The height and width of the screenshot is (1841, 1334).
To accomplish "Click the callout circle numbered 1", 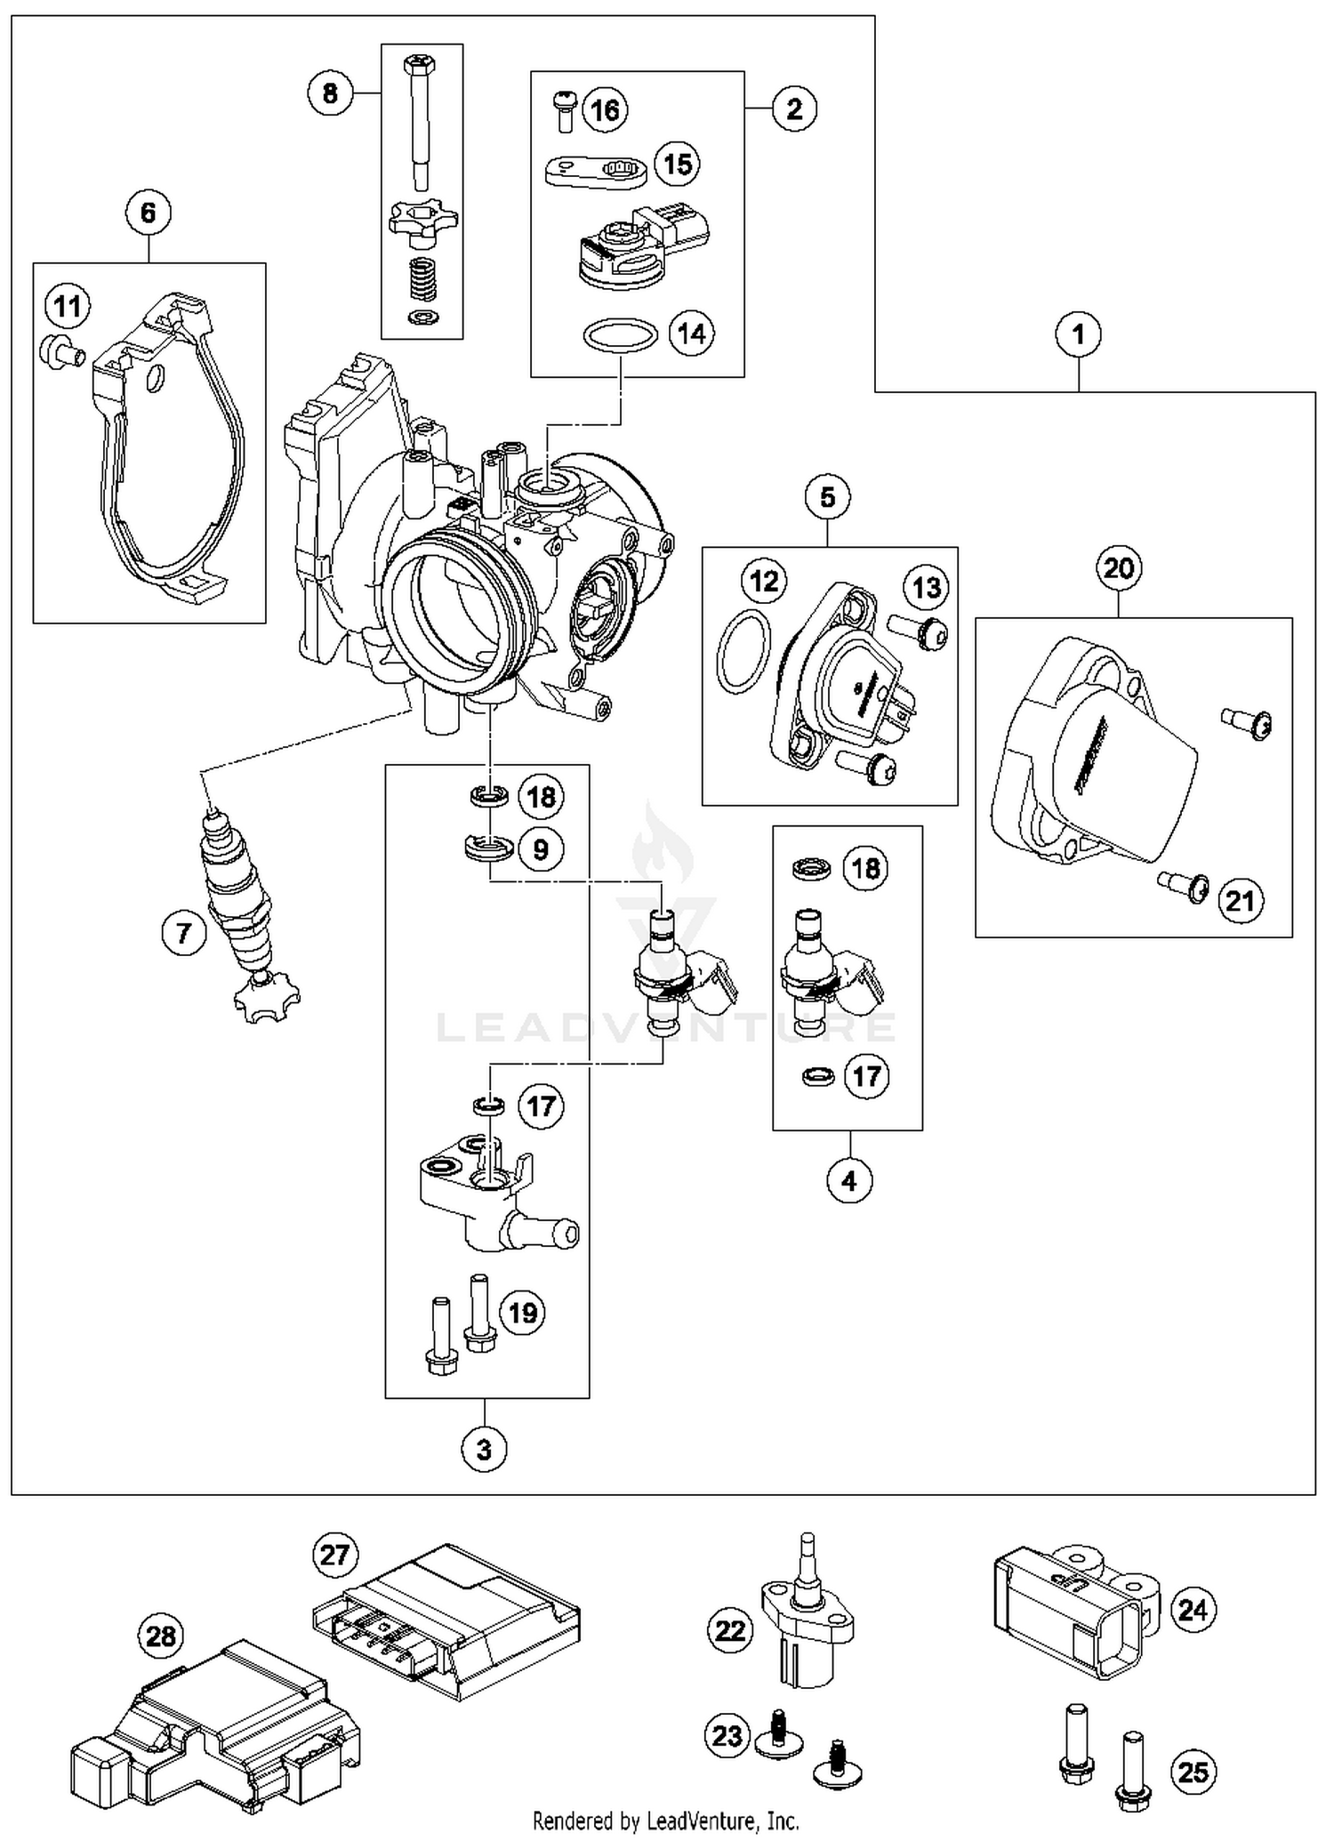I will [1078, 334].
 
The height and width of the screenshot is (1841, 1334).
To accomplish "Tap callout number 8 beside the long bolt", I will [330, 92].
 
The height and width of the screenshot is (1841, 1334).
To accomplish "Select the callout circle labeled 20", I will [1119, 567].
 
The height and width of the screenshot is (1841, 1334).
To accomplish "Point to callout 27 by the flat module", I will [334, 1556].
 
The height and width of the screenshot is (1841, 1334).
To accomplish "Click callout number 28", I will [161, 1636].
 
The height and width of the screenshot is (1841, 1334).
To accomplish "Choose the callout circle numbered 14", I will [691, 334].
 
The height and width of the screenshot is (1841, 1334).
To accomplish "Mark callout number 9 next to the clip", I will [541, 849].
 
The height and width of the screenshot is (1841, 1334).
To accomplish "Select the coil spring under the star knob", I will [417, 278].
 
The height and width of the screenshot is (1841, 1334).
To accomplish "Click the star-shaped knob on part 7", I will [266, 1001].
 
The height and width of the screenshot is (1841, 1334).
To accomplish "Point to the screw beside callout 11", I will [60, 351].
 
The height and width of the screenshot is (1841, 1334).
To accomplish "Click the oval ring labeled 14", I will [620, 336].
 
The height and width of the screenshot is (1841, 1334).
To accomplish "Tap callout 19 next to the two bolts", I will [521, 1313].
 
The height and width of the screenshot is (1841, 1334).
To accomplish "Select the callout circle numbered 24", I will [1192, 1609].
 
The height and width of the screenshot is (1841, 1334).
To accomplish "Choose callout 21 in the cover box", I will [1240, 900].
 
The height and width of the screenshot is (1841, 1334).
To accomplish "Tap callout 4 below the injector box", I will [848, 1180].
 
